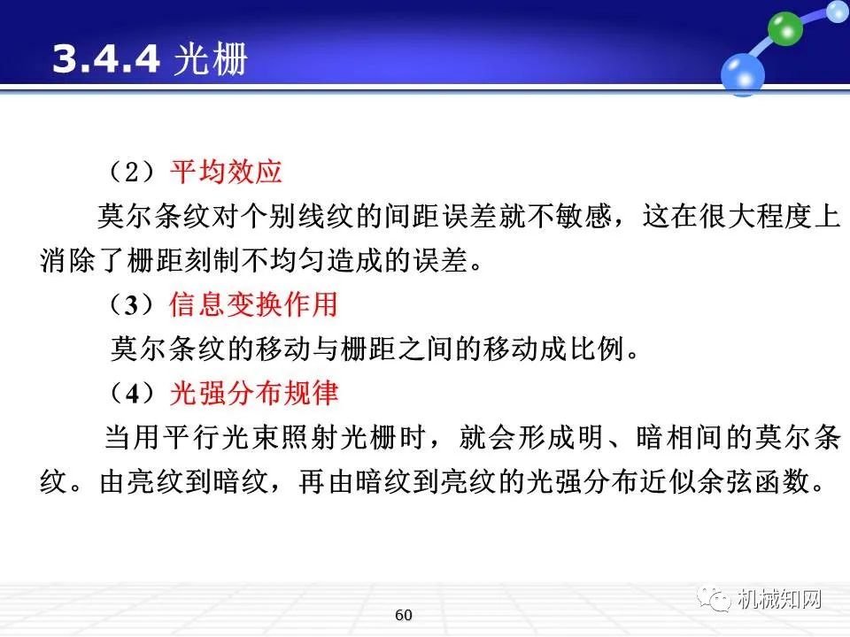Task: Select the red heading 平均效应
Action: click(225, 171)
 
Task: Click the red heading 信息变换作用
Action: click(253, 304)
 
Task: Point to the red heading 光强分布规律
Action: click(253, 392)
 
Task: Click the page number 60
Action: click(404, 615)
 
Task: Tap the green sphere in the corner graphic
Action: click(784, 28)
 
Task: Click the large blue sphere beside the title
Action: click(742, 73)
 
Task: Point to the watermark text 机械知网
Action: click(779, 599)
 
